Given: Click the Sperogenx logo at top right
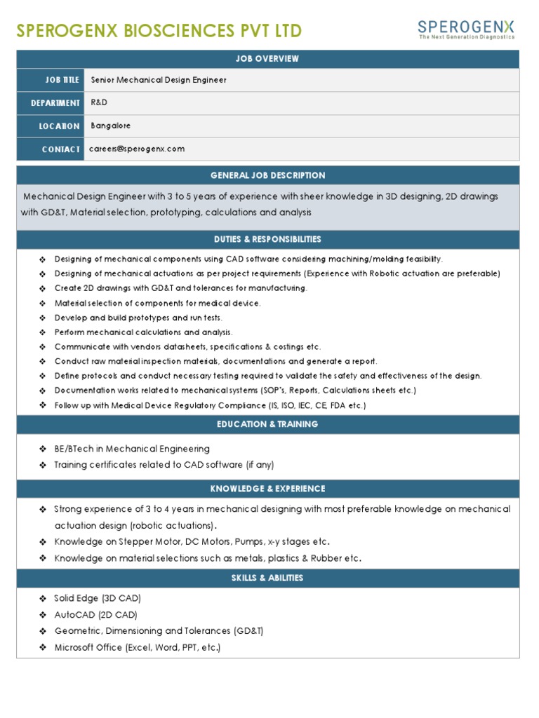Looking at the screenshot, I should coord(466,29).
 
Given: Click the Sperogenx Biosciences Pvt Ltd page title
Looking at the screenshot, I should coord(159,31).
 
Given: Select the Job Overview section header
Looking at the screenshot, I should coord(267,59).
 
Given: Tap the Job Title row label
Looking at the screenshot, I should coord(62,80).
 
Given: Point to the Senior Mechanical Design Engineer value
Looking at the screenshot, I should coord(159,80).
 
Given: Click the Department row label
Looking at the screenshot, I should coord(55,103).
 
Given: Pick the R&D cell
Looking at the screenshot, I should coord(100,103).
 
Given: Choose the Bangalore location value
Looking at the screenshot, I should coord(111,126).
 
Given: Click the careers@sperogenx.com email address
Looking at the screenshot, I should coord(137,149).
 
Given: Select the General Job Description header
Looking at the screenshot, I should coord(267,175).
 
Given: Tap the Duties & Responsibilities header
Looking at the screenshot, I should coord(267,239).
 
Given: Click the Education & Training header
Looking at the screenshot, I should coord(267,424).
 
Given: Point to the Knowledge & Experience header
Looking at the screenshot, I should coord(267,489).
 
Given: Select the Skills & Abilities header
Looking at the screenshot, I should coord(267,578).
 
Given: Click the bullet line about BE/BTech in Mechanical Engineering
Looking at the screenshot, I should coord(132,449).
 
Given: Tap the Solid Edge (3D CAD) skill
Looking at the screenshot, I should coord(98,598).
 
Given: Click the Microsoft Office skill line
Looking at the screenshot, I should coord(137,647).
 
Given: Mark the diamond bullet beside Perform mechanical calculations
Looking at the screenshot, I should coord(44,332).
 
